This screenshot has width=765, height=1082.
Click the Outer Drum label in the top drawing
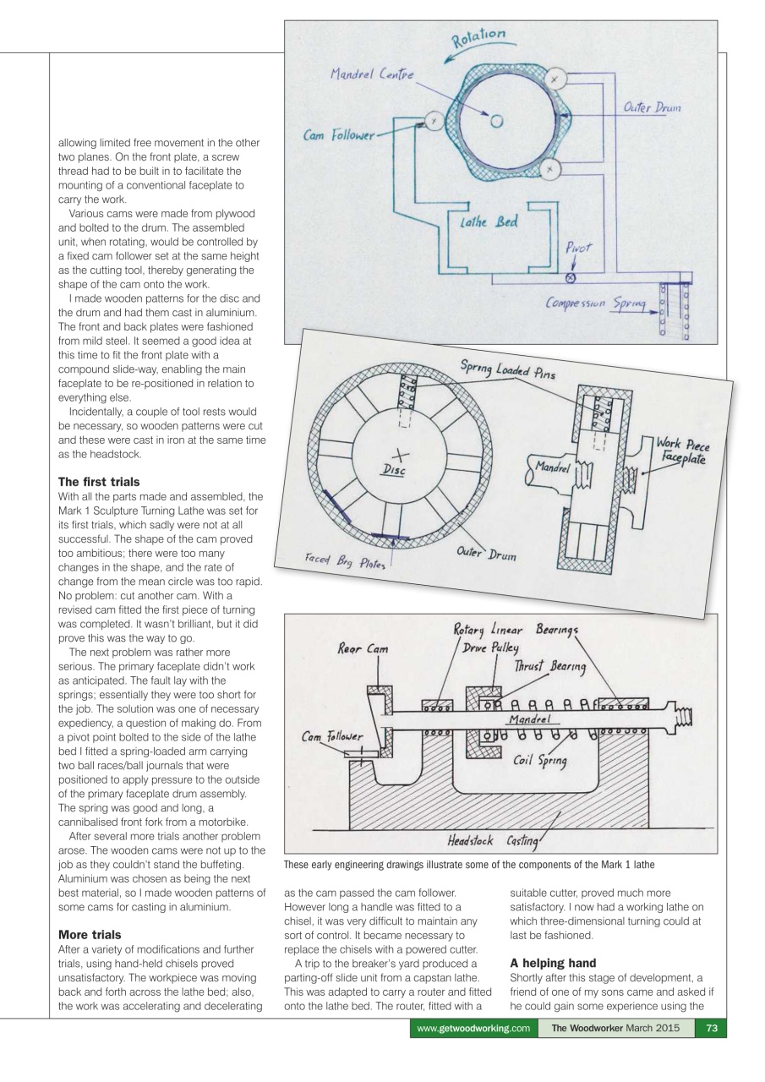[x=652, y=108]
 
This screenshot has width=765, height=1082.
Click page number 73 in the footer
[x=708, y=1052]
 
